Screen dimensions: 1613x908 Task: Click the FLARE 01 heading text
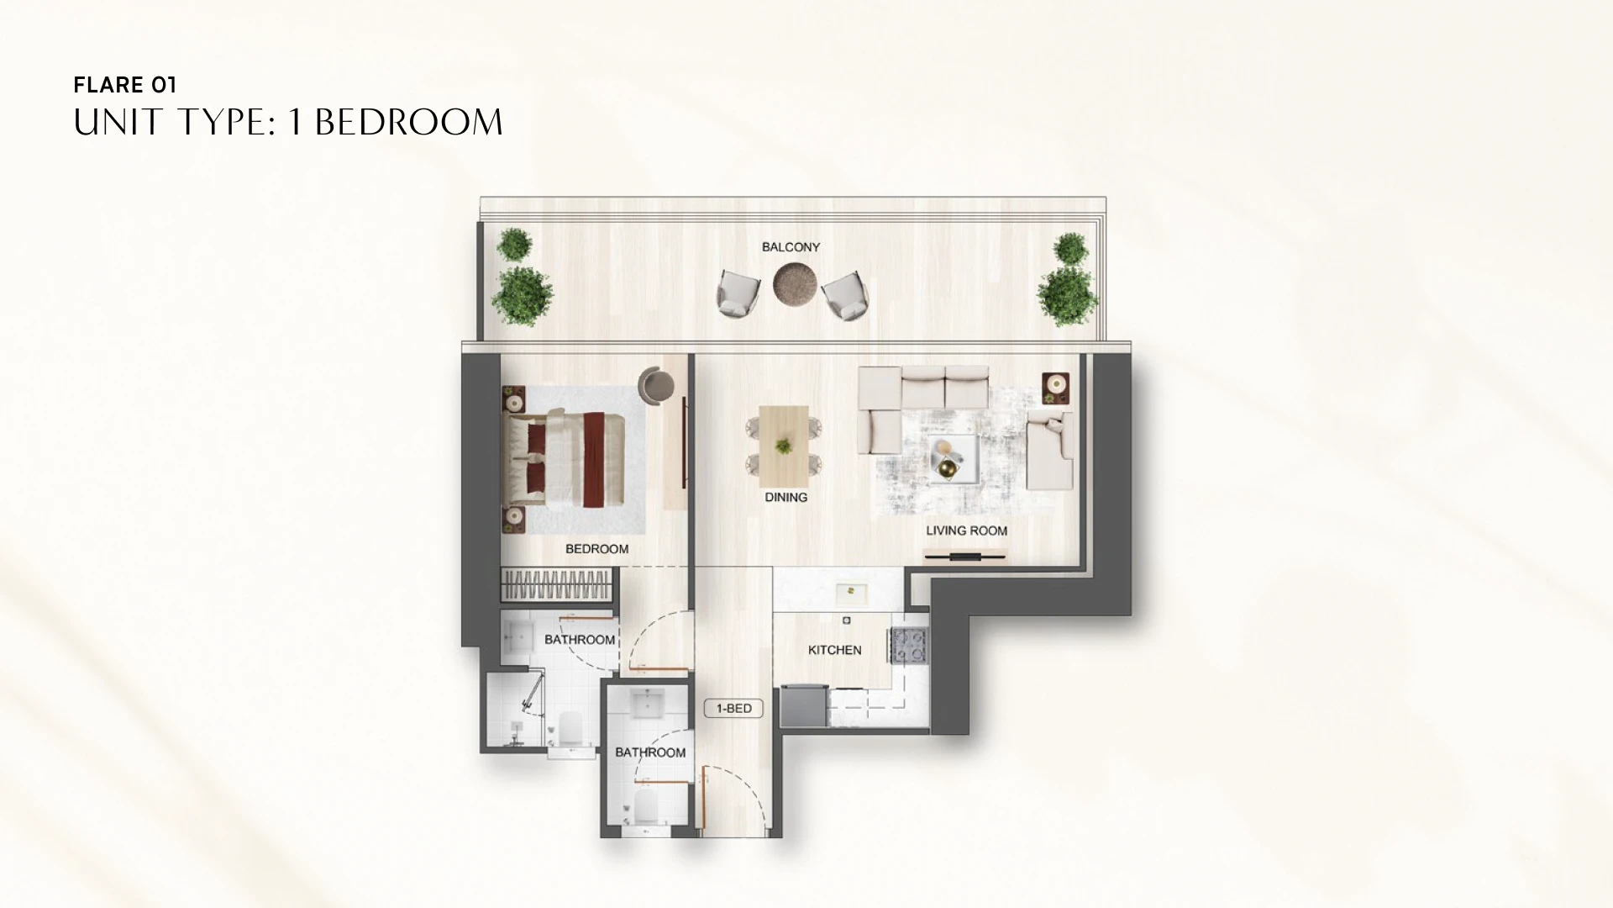tap(125, 85)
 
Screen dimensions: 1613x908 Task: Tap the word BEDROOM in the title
tap(408, 123)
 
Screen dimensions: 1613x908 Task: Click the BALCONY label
tap(791, 247)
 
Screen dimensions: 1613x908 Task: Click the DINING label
tap(786, 497)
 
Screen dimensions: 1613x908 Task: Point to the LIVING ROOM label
tap(966, 531)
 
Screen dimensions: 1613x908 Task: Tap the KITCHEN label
tap(835, 650)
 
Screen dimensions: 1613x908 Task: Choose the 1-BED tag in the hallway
tap(733, 709)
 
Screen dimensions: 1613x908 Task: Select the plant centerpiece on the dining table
tap(784, 446)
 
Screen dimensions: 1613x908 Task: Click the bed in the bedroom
tap(564, 458)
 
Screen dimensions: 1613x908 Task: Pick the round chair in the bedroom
tap(655, 385)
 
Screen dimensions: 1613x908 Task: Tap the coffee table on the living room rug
tap(953, 458)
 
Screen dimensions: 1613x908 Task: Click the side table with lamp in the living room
tap(1055, 388)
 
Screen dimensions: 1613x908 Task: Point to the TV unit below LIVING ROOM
tap(965, 555)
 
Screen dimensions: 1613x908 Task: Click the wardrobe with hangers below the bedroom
tap(557, 582)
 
